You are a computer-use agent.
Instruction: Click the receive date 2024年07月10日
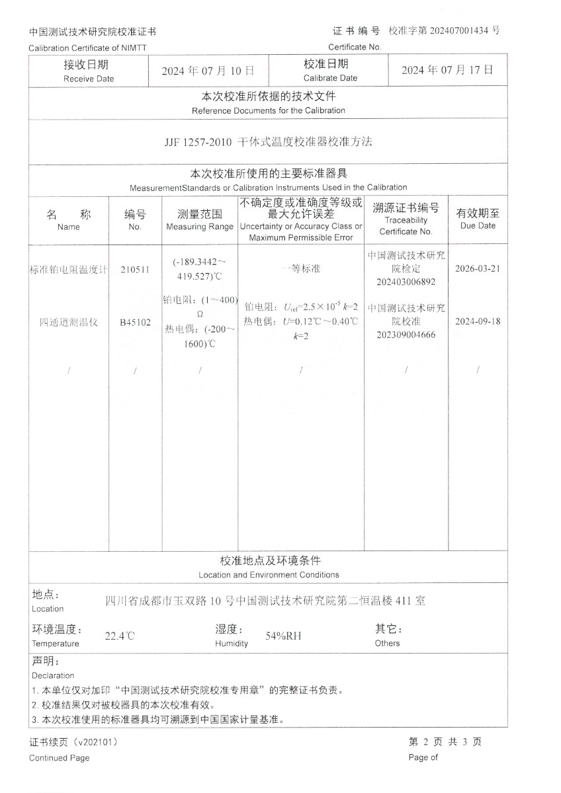[208, 71]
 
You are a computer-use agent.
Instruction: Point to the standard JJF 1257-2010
[196, 141]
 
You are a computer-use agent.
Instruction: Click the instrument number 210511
[135, 270]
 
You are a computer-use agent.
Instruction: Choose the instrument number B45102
[135, 322]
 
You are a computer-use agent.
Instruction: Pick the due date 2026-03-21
[478, 270]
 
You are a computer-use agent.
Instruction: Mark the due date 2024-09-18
[478, 322]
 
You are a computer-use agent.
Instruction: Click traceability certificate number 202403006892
[406, 282]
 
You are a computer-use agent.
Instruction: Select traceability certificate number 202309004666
[406, 334]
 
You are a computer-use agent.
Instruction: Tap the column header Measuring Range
[200, 227]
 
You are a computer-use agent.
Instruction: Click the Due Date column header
[478, 225]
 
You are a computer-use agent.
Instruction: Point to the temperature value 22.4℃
[120, 637]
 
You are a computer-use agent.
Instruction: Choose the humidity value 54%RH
[283, 636]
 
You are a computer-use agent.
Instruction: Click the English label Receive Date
[89, 79]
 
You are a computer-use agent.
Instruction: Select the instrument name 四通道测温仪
[68, 322]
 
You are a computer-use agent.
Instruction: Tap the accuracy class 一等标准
[300, 269]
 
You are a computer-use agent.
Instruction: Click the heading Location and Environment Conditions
[269, 575]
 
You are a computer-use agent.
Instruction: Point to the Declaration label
[53, 675]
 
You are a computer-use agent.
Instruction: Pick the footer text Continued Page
[59, 758]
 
